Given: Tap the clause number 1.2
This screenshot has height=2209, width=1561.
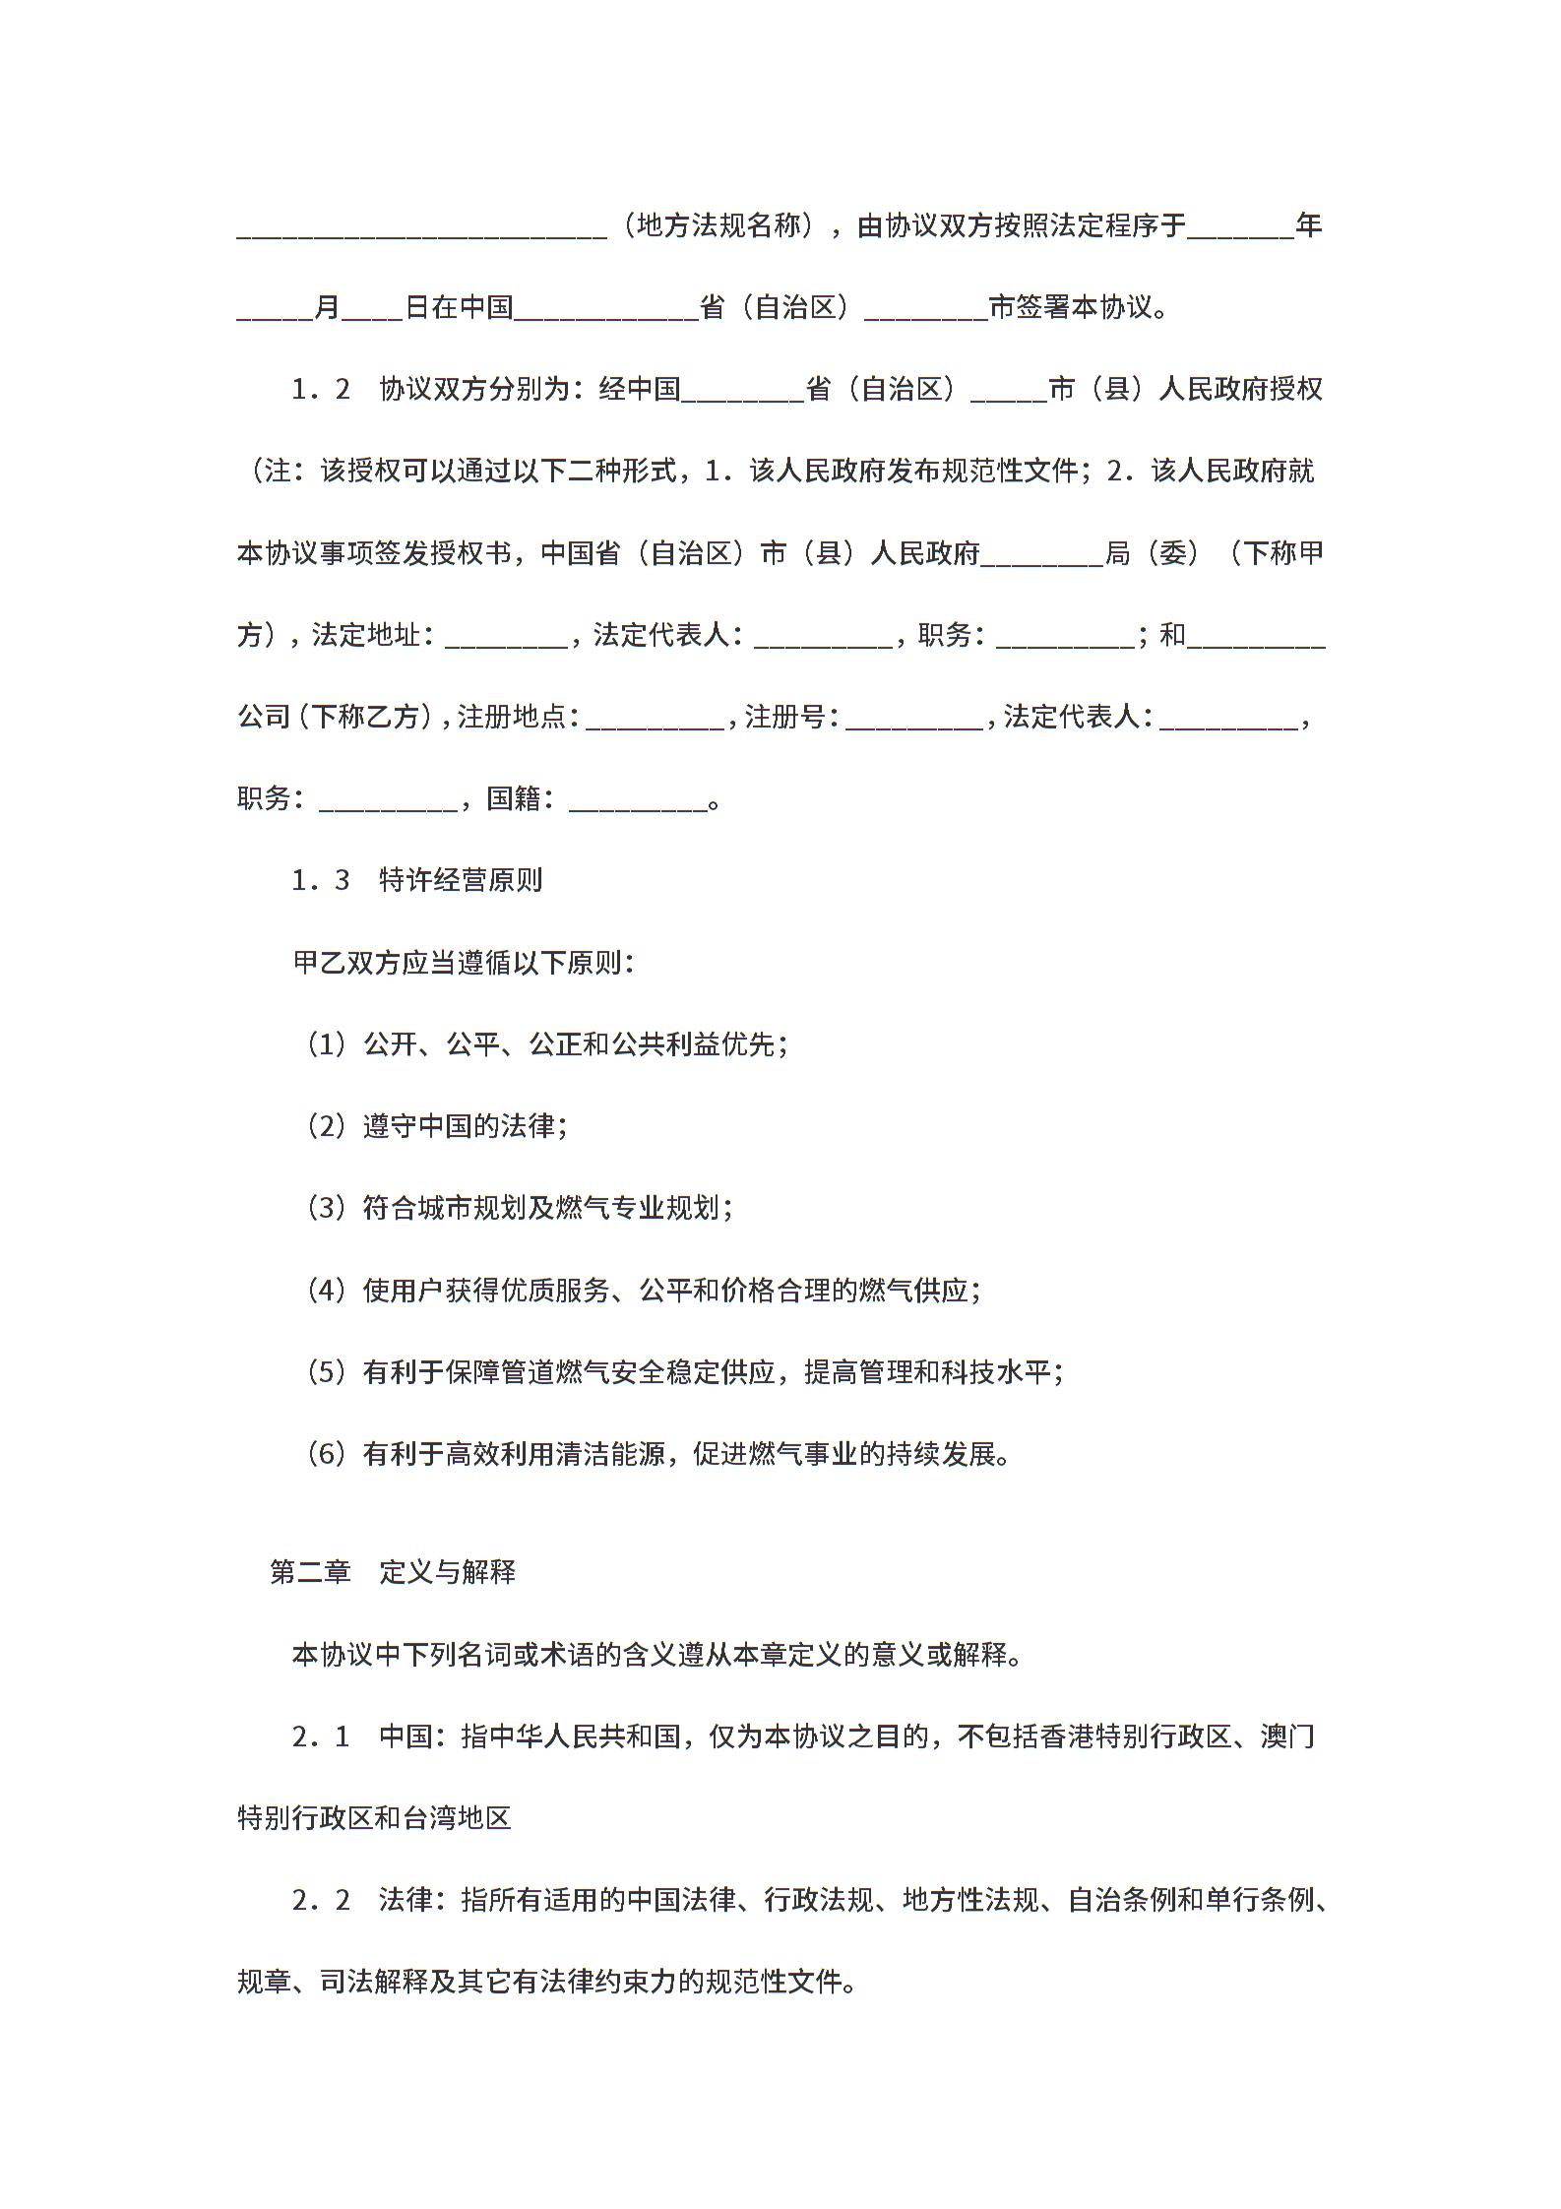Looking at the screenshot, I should coord(321,390).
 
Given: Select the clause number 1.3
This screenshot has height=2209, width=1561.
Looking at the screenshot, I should coord(321,880).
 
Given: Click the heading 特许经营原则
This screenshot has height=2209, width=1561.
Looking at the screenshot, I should coord(461,880).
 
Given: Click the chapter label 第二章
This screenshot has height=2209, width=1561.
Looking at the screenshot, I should coord(310,1572).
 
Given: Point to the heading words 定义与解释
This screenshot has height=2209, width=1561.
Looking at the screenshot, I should coord(448,1572).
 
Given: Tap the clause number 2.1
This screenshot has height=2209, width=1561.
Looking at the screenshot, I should coord(321,1736).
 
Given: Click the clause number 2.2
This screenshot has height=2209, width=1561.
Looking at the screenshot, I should coord(321,1899).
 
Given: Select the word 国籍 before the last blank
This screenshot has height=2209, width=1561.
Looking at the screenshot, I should coord(514,798).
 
